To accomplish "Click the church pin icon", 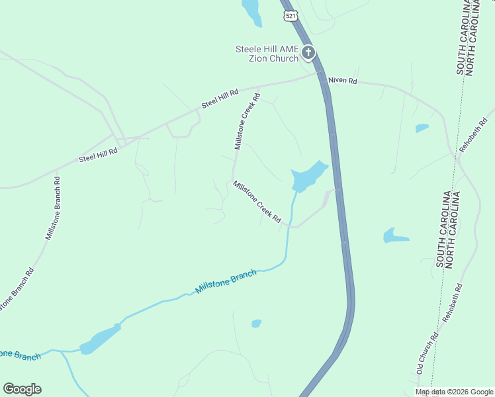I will coord(308,53).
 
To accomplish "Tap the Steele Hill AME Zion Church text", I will coord(267,54).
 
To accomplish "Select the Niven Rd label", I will coord(343,81).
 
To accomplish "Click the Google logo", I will coord(22,389).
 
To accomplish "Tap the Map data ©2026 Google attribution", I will coord(455,392).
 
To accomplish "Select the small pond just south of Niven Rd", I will coord(422,128).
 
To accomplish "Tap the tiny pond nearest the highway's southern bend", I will coord(256,324).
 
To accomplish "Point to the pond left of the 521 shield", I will coord(251,12).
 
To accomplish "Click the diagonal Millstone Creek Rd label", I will coord(257,202).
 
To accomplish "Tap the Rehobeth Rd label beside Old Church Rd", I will coord(454,304).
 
